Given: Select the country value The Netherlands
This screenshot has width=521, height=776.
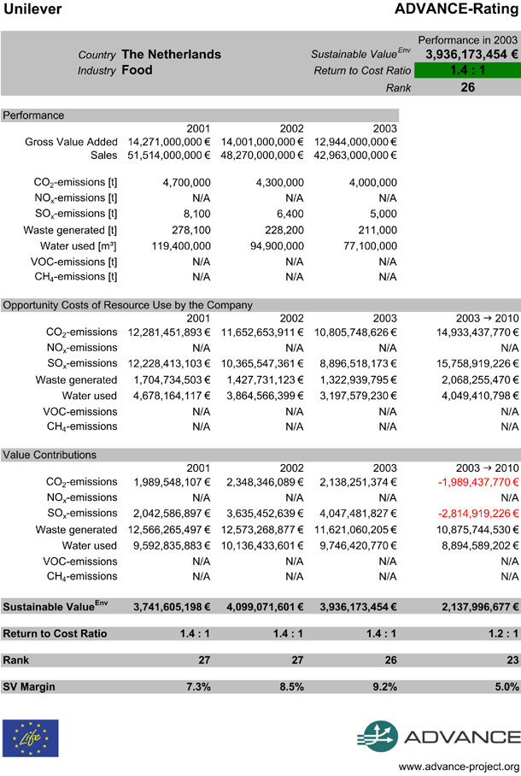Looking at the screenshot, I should tap(171, 54).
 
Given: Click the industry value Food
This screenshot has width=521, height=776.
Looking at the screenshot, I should tap(138, 70).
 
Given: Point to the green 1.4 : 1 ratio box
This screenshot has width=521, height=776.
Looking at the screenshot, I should tap(467, 70).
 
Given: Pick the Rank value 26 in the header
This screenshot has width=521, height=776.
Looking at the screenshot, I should tap(467, 86).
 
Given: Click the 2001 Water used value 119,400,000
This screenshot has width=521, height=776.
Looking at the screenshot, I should tap(175, 245).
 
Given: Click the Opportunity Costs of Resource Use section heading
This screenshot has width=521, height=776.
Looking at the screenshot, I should tap(127, 304).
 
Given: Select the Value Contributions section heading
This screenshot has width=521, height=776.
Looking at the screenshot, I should tap(50, 455).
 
